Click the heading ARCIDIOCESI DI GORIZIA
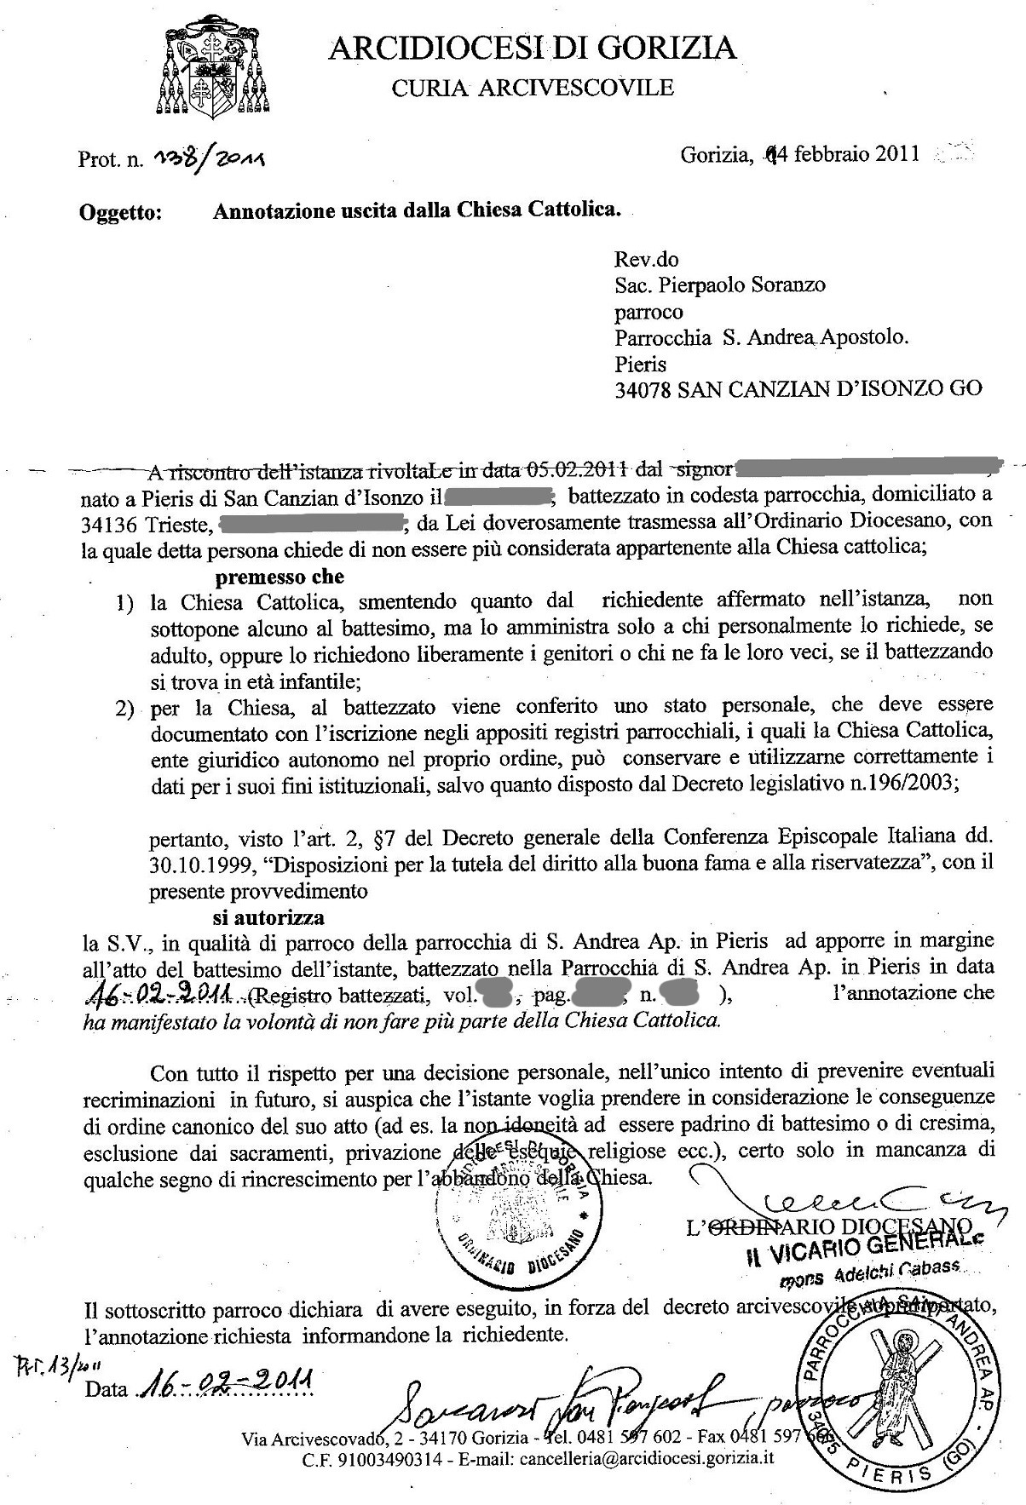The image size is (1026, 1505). coord(533,48)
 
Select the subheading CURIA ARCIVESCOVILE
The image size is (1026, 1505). coord(532,88)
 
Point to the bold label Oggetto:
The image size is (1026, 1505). coord(120,213)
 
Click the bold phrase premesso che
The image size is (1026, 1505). coord(279,577)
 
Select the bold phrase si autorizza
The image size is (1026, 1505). coord(268,918)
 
